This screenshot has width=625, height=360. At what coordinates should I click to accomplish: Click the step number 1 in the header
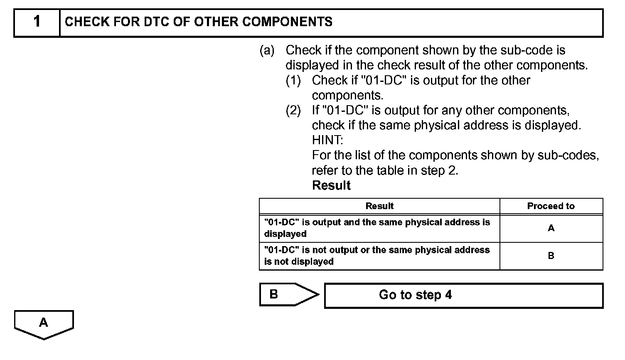tap(37, 22)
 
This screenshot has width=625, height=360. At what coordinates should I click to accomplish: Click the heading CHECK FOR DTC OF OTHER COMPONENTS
tap(199, 22)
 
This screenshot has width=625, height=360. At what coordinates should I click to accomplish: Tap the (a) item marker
tap(267, 50)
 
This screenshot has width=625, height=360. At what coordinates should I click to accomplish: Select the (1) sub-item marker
tap(293, 80)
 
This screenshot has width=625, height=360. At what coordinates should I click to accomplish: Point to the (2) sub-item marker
tap(293, 110)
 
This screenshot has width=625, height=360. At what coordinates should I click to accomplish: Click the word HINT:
tap(327, 140)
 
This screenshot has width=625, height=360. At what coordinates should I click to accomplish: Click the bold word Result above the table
tap(331, 185)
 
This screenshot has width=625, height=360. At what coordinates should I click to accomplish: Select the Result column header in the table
tap(379, 206)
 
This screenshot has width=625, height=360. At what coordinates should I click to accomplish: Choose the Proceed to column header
tap(551, 206)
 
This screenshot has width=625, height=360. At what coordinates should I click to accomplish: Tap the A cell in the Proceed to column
tap(551, 228)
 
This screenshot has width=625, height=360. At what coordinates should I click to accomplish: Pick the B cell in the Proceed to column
tap(551, 256)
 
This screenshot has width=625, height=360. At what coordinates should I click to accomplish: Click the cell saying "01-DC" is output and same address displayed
tap(377, 228)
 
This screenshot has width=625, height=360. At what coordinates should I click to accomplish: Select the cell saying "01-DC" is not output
tap(377, 256)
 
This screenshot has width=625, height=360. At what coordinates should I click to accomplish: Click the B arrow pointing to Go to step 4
tap(287, 294)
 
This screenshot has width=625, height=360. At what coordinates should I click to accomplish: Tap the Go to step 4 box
tap(463, 296)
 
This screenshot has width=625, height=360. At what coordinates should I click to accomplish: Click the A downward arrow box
tap(44, 323)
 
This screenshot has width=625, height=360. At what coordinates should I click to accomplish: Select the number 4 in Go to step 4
tap(448, 295)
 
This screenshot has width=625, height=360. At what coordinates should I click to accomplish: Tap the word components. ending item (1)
tap(347, 95)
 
